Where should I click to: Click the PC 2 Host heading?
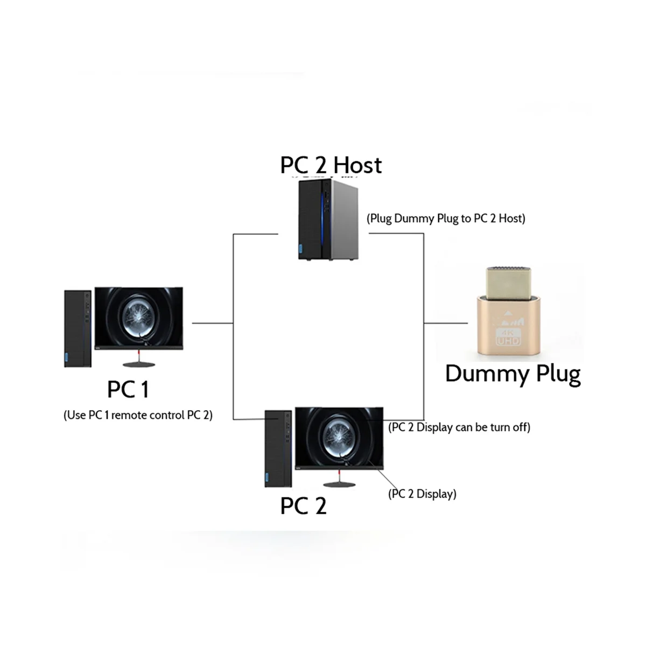331,165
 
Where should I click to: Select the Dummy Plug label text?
512,374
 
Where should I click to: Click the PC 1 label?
128,389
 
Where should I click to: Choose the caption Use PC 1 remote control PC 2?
138,415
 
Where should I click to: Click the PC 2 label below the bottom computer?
303,505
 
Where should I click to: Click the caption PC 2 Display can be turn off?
459,427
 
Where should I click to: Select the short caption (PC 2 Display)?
422,494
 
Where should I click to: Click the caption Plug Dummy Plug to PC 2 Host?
446,219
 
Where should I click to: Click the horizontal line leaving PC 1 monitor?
212,323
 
